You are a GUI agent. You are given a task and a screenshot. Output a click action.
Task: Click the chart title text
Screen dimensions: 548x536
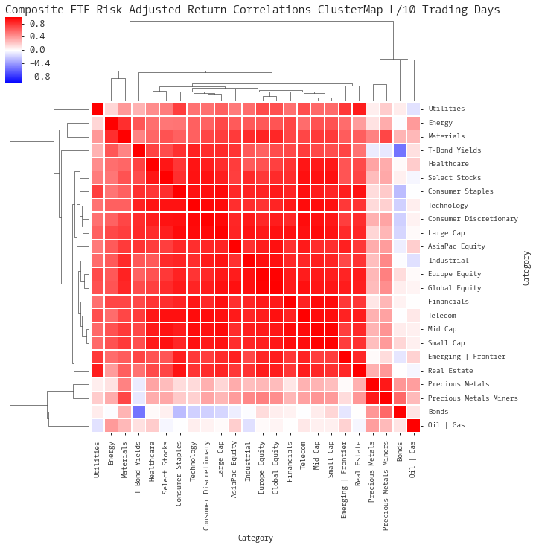tap(252, 10)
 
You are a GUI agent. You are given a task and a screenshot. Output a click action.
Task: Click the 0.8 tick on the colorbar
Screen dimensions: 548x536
tap(37, 23)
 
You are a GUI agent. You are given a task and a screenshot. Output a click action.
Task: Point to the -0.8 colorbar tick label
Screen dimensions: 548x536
tap(37, 76)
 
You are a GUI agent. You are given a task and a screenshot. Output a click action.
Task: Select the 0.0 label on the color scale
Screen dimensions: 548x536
tap(37, 50)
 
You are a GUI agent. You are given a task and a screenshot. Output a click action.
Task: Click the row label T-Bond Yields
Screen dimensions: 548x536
tap(454, 150)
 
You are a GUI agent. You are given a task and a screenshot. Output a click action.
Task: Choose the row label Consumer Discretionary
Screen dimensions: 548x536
tap(473, 219)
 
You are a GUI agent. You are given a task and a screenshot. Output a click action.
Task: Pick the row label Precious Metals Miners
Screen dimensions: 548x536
tap(473, 398)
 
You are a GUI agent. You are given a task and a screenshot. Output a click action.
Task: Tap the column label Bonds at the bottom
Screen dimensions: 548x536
tap(400, 455)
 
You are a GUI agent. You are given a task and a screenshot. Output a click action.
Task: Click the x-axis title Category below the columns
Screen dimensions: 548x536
tap(255, 538)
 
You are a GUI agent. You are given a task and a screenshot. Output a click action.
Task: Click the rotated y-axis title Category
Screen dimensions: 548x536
tap(527, 268)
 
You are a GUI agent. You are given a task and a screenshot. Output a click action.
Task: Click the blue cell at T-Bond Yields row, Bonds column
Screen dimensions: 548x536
tap(400, 150)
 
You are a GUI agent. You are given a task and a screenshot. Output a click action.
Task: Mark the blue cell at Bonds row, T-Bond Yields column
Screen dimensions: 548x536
tap(138, 412)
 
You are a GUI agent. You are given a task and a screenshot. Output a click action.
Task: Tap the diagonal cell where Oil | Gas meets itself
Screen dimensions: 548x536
tap(413, 425)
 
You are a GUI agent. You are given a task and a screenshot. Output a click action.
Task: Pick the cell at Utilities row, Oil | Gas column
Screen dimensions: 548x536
tap(413, 109)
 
